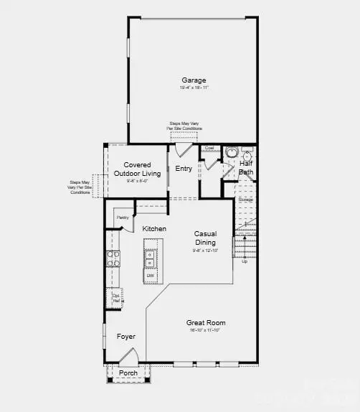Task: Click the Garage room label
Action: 194,80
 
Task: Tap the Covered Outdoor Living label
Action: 137,169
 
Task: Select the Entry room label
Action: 184,168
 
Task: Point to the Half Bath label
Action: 245,168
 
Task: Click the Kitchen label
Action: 154,228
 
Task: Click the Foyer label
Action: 125,336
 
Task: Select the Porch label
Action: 128,373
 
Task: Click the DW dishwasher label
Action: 151,275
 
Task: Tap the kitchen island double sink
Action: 150,258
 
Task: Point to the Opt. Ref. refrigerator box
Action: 115,297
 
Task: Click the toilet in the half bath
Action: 232,153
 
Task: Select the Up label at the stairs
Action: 244,261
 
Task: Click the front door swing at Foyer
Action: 128,357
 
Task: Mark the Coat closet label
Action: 209,149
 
